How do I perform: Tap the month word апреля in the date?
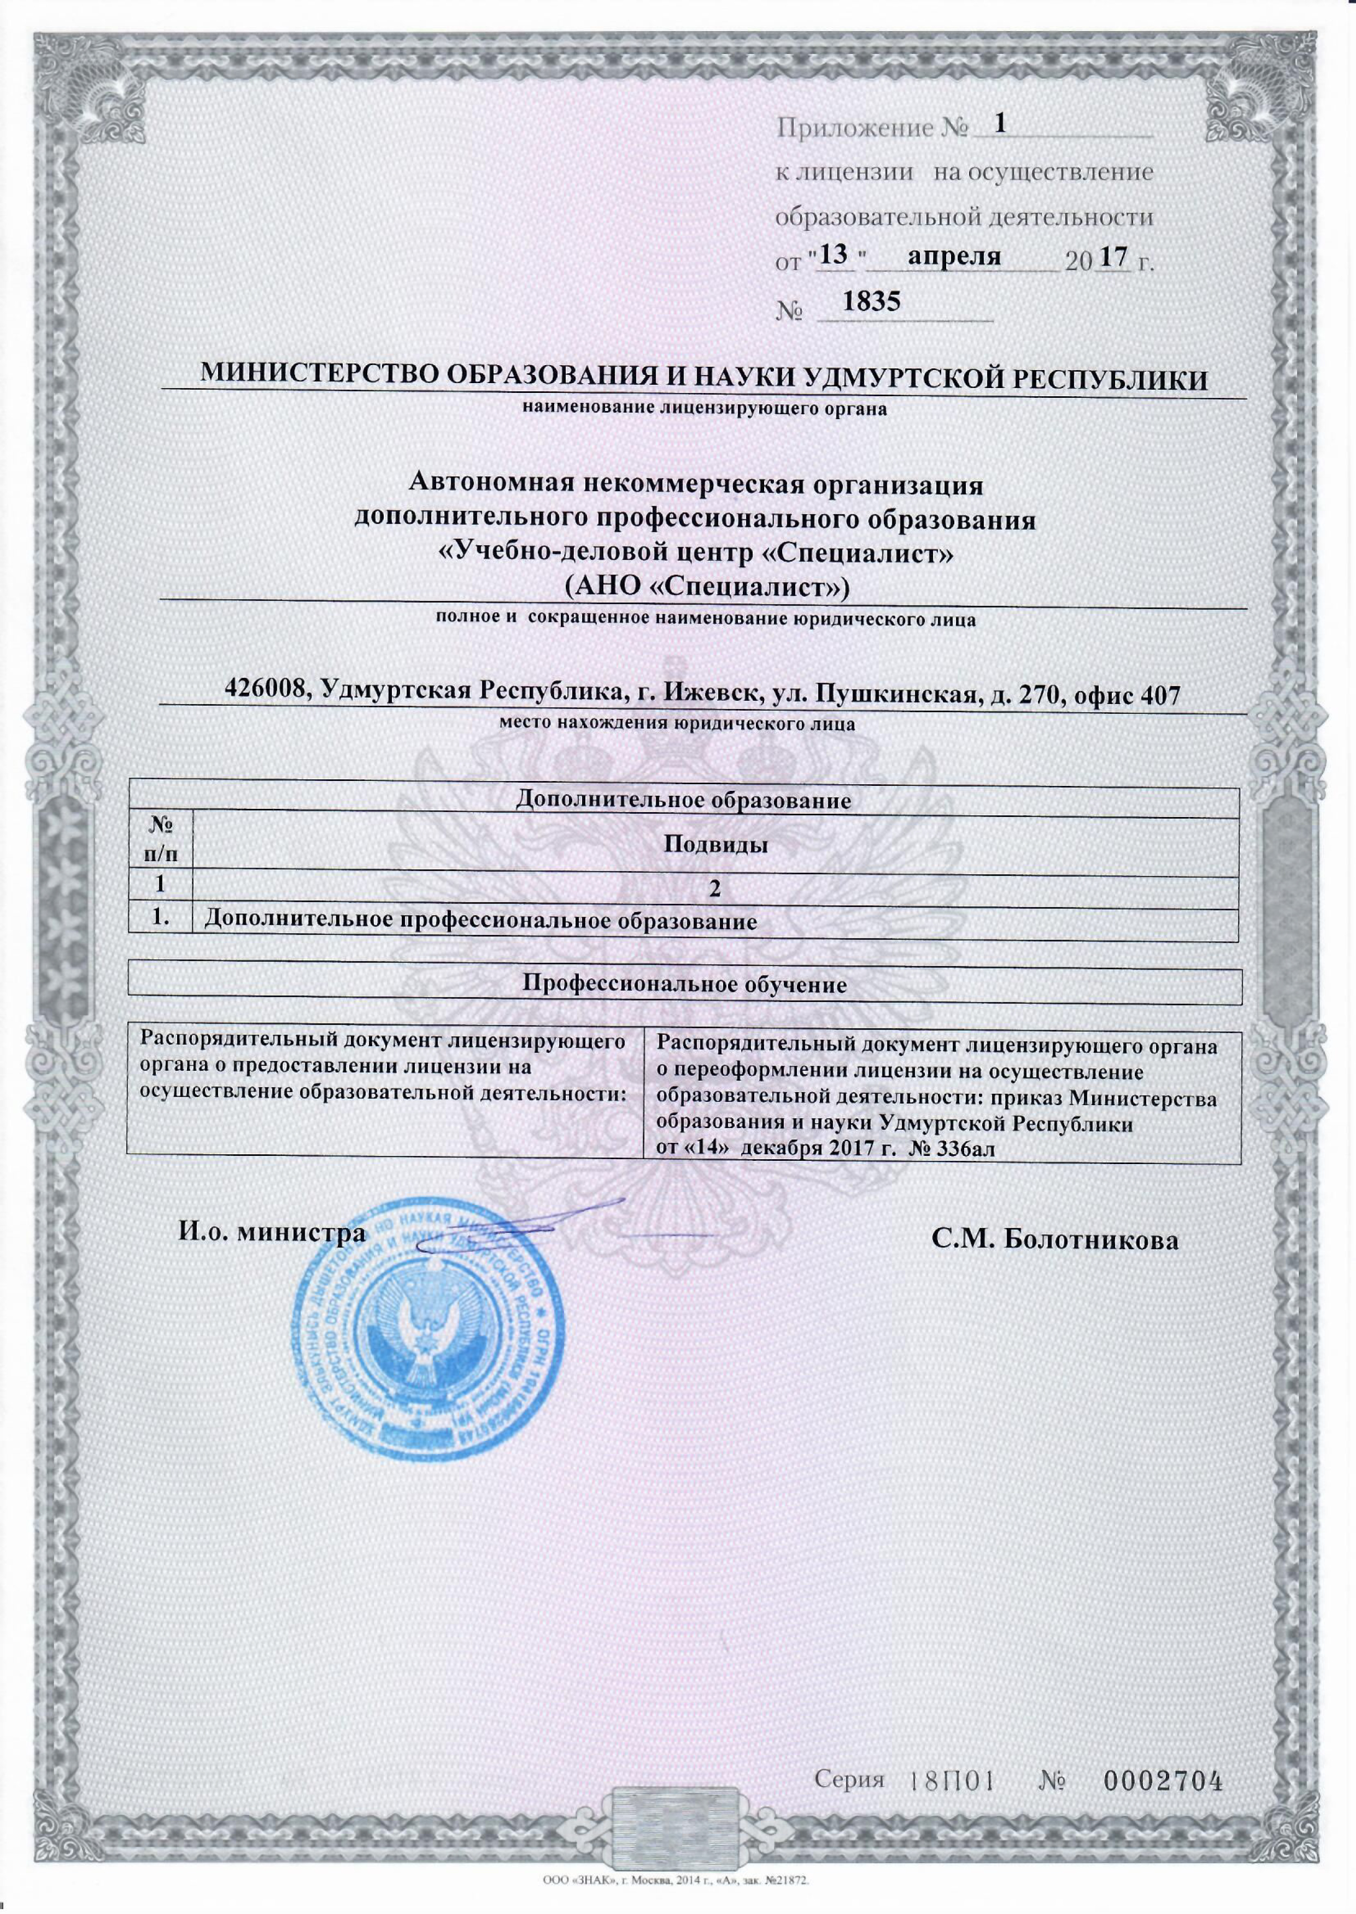[954, 255]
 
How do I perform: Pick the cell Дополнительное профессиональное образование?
[480, 922]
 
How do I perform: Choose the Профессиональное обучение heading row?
[684, 984]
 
